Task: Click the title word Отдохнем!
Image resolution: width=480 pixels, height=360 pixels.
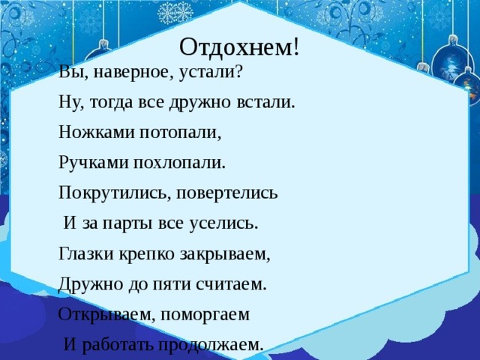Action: click(x=240, y=46)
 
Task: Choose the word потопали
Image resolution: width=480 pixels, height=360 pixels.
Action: click(x=181, y=133)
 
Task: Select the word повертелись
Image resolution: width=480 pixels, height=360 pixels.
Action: click(x=228, y=193)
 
